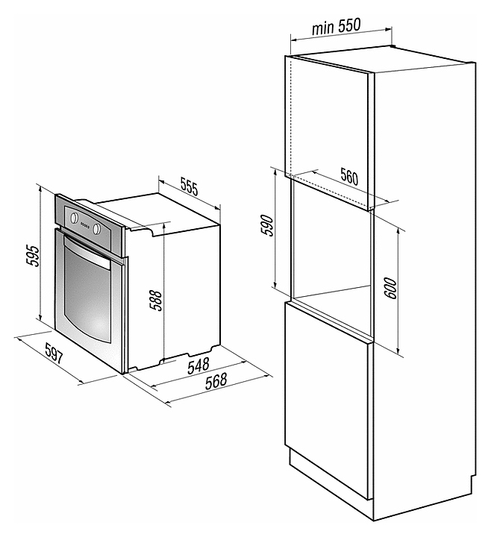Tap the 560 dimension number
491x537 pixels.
pos(348,178)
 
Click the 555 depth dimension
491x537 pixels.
pos(189,189)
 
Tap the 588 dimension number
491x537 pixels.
pos(154,298)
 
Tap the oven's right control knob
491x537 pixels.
pos(97,228)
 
